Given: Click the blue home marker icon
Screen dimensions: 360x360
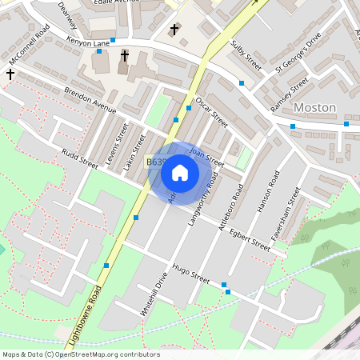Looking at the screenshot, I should tap(180, 173).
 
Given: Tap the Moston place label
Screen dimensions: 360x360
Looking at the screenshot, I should tap(314, 107).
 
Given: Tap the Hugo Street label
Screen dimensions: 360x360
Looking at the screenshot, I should tap(190, 274).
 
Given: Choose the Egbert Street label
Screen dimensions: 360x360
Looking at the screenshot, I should tap(249, 239).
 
